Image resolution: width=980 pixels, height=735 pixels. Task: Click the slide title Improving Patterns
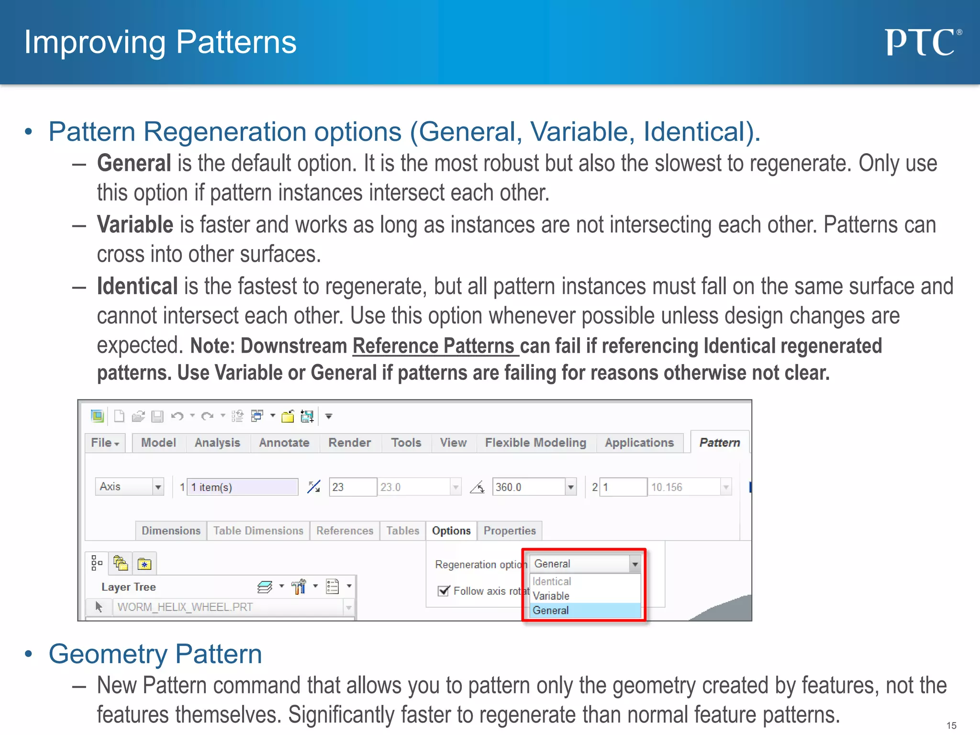click(x=160, y=42)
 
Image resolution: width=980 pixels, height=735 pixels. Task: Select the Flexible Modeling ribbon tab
click(x=535, y=443)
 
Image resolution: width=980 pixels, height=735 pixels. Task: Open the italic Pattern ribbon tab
click(x=719, y=443)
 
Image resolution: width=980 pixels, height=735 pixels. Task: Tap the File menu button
click(x=105, y=443)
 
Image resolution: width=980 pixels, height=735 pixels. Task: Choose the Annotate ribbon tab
click(x=284, y=443)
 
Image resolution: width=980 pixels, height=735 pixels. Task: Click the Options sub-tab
click(x=451, y=531)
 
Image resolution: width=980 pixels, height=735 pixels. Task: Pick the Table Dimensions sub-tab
click(x=258, y=531)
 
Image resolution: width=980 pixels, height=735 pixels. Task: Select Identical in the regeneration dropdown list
click(x=552, y=581)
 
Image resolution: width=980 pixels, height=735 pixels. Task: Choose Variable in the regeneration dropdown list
click(x=551, y=596)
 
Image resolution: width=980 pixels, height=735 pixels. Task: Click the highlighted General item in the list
click(x=551, y=611)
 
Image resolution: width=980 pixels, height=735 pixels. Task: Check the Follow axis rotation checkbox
click(x=444, y=591)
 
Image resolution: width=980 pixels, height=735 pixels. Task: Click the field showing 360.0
click(x=528, y=487)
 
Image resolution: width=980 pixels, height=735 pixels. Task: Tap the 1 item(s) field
click(x=242, y=487)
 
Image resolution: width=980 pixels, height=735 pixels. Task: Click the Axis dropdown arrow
click(x=158, y=487)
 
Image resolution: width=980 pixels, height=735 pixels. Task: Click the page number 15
click(x=951, y=725)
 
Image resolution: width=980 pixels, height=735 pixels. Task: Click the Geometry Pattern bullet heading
click(x=155, y=654)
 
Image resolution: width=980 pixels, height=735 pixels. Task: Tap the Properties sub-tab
click(x=509, y=531)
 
